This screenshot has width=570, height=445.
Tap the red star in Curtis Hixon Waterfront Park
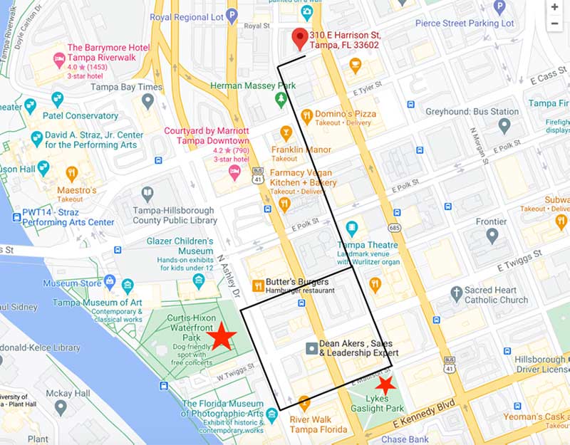(x=222, y=337)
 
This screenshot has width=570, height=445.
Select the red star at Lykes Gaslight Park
(x=385, y=386)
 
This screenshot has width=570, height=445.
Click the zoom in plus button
(x=555, y=6)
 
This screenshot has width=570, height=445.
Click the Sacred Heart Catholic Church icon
(x=457, y=293)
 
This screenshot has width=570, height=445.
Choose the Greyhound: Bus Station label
(x=472, y=112)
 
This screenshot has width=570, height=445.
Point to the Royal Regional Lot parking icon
(x=232, y=15)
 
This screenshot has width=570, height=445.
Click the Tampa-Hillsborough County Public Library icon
(x=147, y=194)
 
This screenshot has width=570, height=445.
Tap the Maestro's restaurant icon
(x=71, y=173)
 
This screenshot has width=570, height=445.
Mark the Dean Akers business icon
(x=311, y=348)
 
